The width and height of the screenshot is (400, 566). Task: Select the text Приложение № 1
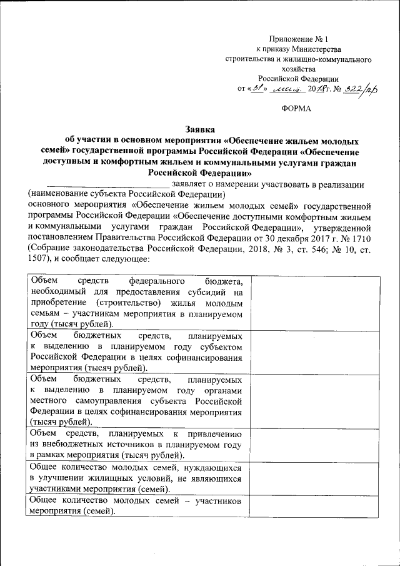(x=292, y=39)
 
